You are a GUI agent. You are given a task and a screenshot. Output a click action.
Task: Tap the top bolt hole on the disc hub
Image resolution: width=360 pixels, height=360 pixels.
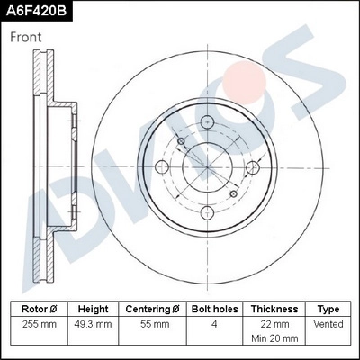[x=206, y=123]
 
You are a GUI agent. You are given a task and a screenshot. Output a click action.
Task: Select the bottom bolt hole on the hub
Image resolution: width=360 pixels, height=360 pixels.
[x=206, y=212]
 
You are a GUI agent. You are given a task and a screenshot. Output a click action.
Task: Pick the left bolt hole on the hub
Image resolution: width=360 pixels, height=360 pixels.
[x=162, y=167]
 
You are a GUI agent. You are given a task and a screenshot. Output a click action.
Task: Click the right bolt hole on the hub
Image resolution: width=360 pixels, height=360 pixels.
[x=250, y=167]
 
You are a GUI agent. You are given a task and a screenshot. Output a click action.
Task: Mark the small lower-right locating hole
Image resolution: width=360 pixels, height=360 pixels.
[x=232, y=193]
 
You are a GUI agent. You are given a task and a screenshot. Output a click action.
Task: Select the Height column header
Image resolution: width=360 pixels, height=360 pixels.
[x=92, y=308]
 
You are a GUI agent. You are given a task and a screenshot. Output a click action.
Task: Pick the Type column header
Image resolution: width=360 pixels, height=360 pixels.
[x=328, y=308]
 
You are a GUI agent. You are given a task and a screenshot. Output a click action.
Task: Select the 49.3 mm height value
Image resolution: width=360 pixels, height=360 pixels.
[x=92, y=324]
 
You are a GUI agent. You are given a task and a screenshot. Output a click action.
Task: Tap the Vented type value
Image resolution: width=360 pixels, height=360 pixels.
[x=328, y=324]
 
